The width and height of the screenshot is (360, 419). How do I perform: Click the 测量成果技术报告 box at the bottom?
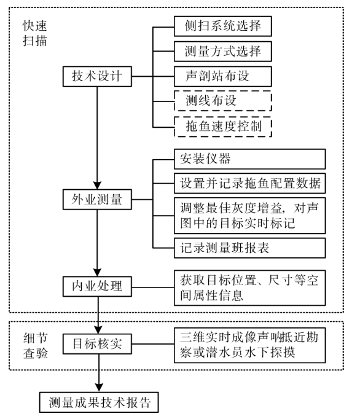[x=98, y=402]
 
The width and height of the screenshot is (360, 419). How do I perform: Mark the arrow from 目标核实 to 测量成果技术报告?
[x=98, y=372]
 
